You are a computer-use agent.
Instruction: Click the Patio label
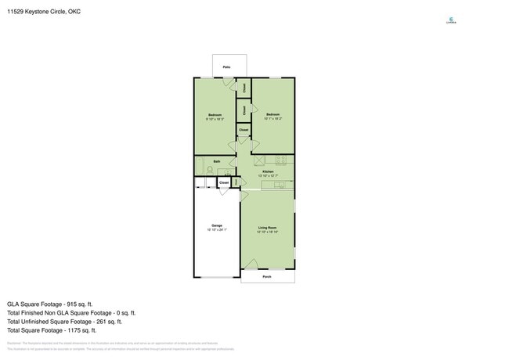tap(226, 67)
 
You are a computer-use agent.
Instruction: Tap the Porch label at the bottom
tap(267, 276)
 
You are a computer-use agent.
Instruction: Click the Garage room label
tap(216, 225)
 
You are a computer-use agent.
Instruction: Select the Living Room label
tap(268, 228)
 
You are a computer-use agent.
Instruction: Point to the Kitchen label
tap(268, 171)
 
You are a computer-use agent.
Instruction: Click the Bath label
tap(216, 162)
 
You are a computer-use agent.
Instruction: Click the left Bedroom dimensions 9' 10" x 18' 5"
tap(215, 119)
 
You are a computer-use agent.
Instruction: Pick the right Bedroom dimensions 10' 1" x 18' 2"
tap(273, 119)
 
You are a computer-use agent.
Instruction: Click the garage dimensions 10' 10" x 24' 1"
tap(216, 230)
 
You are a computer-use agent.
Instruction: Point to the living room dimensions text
tap(268, 232)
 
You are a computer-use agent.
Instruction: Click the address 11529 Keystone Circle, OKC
tap(44, 12)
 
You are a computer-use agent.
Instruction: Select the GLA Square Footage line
tap(50, 303)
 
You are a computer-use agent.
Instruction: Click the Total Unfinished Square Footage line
tap(64, 321)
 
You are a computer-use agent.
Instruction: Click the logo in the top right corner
tap(450, 20)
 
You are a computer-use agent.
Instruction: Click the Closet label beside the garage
tap(224, 182)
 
